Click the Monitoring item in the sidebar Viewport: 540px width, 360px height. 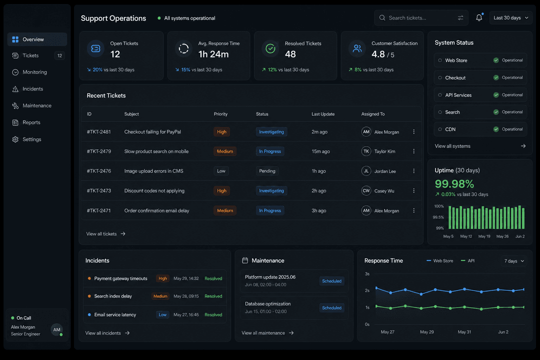click(34, 72)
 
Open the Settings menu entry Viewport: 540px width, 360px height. click(31, 139)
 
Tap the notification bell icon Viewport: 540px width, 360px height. click(479, 17)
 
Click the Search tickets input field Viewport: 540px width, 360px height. click(421, 18)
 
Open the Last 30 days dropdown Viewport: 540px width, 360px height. click(510, 18)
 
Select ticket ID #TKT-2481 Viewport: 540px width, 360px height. click(99, 131)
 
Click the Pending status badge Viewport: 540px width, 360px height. click(267, 171)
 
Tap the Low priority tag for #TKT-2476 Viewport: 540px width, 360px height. click(221, 171)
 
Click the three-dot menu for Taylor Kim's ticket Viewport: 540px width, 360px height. click(413, 151)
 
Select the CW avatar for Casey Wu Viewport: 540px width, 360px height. click(366, 190)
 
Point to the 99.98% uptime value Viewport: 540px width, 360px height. click(454, 184)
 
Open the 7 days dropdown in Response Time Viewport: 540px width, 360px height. click(514, 261)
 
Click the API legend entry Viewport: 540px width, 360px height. click(467, 261)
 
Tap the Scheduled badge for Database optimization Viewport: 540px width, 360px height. click(331, 307)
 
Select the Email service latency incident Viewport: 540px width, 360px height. click(115, 314)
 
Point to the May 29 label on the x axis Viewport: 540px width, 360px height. click(426, 332)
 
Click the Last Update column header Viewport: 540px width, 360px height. click(323, 114)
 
